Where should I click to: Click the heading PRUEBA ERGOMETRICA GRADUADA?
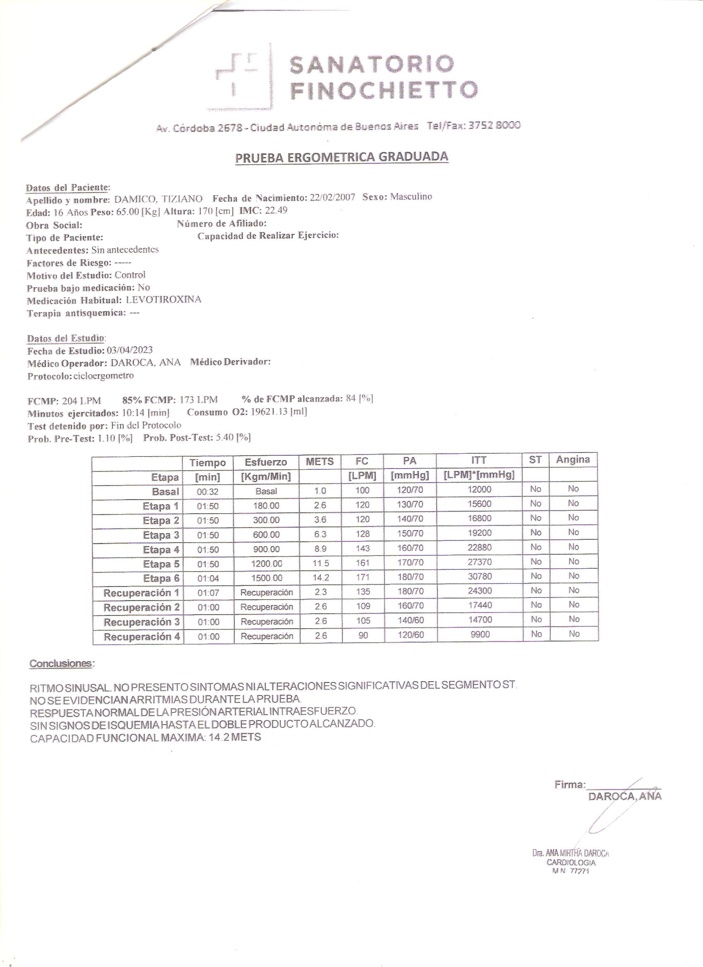(342, 157)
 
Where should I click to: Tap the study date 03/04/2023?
(129, 350)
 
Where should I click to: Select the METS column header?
(320, 461)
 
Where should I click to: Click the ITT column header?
(479, 460)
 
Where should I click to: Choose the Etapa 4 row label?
(161, 550)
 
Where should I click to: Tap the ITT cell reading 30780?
(480, 577)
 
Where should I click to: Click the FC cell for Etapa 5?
(362, 563)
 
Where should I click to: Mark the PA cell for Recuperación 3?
(411, 620)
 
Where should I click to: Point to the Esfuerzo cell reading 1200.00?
(266, 563)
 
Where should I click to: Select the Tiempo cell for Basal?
(208, 492)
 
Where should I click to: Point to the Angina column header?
(573, 459)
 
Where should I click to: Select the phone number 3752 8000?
(494, 125)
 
